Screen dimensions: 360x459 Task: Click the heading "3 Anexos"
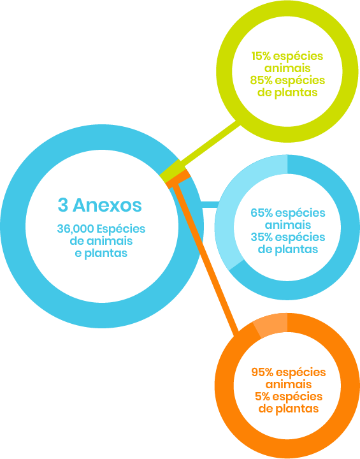tap(100, 205)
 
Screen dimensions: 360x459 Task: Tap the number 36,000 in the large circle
tap(76, 229)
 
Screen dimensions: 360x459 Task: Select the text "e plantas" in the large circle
tap(101, 253)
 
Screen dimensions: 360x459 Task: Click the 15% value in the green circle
tap(261, 56)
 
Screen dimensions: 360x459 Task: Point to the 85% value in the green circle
tap(261, 80)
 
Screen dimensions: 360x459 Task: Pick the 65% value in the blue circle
tap(262, 213)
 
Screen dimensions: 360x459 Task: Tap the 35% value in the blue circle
tap(262, 237)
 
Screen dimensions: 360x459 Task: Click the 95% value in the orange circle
tap(263, 372)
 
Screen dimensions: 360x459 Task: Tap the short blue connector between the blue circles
tap(209, 205)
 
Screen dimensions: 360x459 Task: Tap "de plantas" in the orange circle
tap(289, 409)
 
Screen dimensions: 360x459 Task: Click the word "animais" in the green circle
tap(287, 68)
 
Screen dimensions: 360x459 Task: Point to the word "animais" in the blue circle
tap(288, 225)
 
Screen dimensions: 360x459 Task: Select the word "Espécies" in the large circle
tap(121, 229)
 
